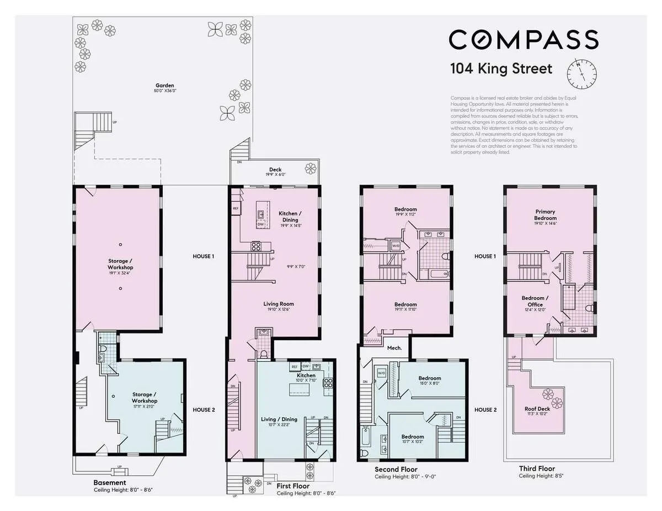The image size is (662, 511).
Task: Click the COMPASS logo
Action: pos(523,40)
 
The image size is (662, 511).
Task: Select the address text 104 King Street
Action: pos(501,69)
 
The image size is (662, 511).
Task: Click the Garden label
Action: pos(164,86)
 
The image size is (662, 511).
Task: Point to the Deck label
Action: pos(275,170)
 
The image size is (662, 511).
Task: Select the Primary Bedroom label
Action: pos(545,215)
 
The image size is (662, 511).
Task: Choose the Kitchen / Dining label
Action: pos(288,217)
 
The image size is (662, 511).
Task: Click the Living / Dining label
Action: pos(279,419)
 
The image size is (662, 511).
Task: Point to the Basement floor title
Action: pos(109,483)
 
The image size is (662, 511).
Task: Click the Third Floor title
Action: pos(536,469)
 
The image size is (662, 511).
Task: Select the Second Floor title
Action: pos(396,469)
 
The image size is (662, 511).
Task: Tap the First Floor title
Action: pos(292,486)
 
